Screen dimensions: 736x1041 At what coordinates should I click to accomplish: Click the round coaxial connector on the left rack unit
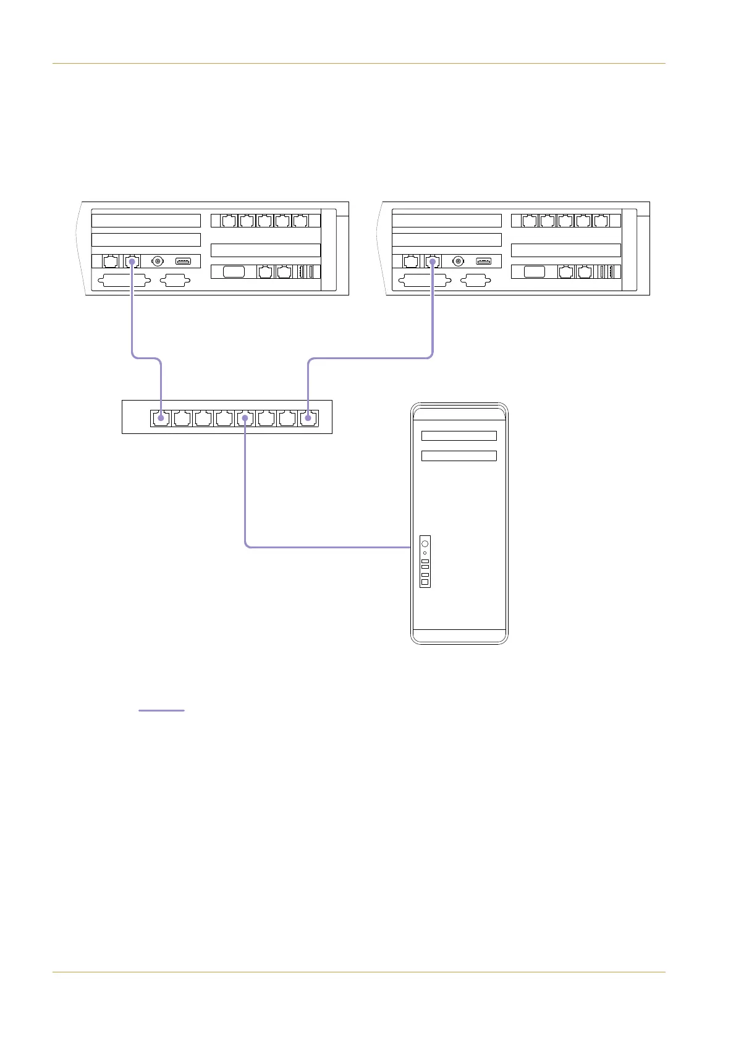pos(158,261)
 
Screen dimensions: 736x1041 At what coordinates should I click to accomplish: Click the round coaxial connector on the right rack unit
pos(458,261)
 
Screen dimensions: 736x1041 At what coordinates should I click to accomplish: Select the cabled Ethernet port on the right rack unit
pos(433,261)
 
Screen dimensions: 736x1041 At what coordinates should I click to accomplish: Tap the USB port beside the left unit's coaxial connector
pos(183,261)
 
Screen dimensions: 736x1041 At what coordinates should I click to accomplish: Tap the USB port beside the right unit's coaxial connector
pos(483,261)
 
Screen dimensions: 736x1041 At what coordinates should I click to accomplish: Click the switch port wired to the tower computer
pos(245,419)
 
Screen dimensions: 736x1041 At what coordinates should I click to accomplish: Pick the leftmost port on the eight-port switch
pos(161,419)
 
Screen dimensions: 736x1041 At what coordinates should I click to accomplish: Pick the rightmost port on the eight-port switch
pos(308,419)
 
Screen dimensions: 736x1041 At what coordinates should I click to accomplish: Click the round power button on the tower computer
pos(425,543)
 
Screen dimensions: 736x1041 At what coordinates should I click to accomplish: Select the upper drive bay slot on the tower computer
pos(459,436)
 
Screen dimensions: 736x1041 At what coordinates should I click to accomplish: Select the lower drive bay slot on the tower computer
pos(459,456)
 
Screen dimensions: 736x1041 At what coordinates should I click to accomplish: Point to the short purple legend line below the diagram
pos(161,711)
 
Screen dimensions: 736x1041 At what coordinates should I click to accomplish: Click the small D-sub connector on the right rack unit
pos(475,281)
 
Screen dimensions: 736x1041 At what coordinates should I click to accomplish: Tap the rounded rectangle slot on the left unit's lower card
pos(234,271)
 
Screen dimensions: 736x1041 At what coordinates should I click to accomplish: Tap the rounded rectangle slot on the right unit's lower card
pos(534,271)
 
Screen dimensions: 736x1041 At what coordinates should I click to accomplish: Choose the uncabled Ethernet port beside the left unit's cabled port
pos(111,261)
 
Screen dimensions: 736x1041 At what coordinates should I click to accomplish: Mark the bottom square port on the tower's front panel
pos(425,582)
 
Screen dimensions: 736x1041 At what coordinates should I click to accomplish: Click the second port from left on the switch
pos(182,419)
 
